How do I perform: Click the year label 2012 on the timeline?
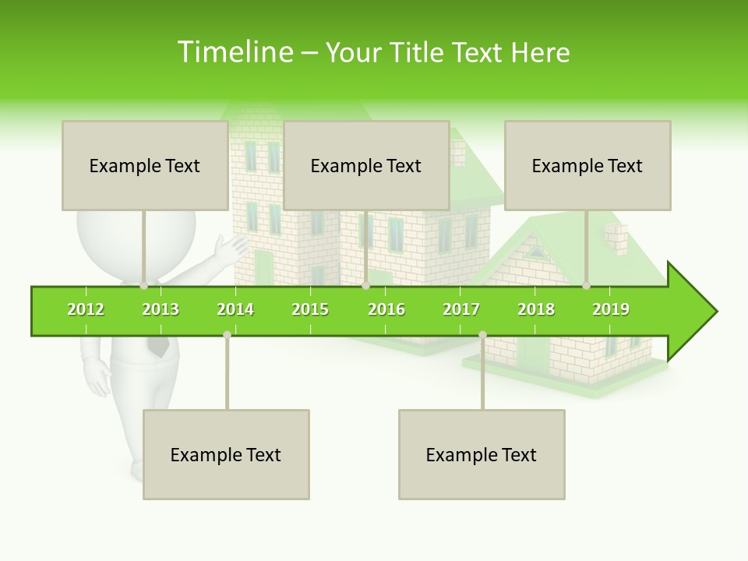click(x=86, y=309)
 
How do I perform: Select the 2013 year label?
click(x=161, y=309)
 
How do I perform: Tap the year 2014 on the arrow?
click(x=235, y=309)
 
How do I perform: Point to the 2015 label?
click(x=310, y=309)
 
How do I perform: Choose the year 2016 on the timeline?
click(x=386, y=309)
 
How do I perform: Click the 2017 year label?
click(x=461, y=309)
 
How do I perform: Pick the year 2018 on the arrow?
click(x=536, y=309)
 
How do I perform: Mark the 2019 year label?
click(x=611, y=309)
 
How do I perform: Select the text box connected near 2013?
click(x=145, y=165)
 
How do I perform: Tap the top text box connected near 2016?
click(x=366, y=165)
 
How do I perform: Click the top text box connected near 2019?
click(x=587, y=165)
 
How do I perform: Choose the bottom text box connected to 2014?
click(x=226, y=454)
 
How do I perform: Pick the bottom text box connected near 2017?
click(x=482, y=454)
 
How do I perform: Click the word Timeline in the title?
click(x=234, y=52)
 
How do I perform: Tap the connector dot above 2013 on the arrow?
click(x=143, y=285)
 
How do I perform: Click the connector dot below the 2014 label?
click(x=227, y=334)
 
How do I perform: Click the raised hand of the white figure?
click(x=232, y=249)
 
